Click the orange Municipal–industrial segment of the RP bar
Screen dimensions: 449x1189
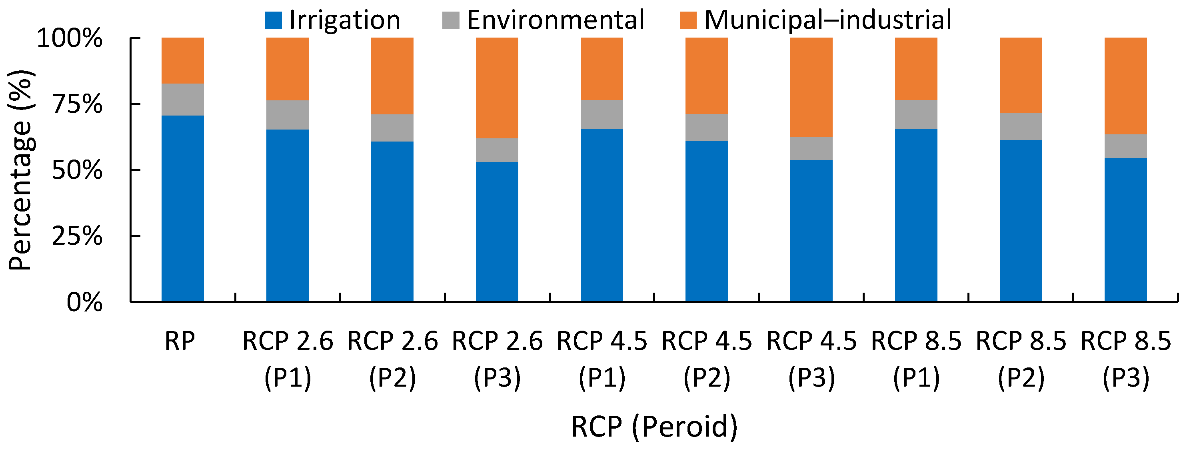point(182,60)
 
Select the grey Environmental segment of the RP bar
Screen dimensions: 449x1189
point(182,99)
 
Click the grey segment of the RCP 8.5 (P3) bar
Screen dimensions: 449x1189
point(1125,146)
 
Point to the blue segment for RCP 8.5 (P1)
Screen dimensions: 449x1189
point(916,215)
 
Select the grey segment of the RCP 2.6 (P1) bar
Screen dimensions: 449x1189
point(287,114)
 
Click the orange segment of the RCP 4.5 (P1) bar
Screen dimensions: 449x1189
point(601,68)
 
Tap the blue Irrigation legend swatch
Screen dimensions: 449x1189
point(273,20)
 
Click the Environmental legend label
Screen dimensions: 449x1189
point(555,20)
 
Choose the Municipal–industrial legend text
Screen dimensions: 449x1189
point(827,20)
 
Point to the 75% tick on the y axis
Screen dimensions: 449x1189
point(131,104)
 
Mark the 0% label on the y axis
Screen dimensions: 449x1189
point(84,303)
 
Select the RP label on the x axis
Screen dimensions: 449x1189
point(180,341)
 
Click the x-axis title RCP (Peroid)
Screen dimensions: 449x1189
point(654,426)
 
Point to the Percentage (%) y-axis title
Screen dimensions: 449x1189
point(21,170)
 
